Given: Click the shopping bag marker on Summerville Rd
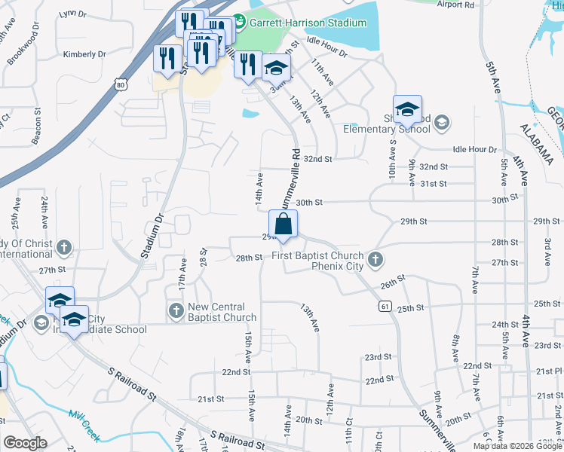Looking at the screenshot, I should (283, 224).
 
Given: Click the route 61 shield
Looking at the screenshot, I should (385, 306).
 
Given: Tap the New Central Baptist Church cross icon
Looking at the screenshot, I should (176, 310).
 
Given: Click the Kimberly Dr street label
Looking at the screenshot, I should (84, 54).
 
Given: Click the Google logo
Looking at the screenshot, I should (25, 442).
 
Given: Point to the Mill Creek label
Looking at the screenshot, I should (84, 417).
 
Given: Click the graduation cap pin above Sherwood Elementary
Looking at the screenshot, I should (407, 110).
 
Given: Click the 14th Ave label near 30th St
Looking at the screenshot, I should (259, 189).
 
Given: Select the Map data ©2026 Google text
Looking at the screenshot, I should (517, 446).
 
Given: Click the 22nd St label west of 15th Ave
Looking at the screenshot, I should (236, 372).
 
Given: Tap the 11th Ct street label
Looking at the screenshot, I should (348, 437).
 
